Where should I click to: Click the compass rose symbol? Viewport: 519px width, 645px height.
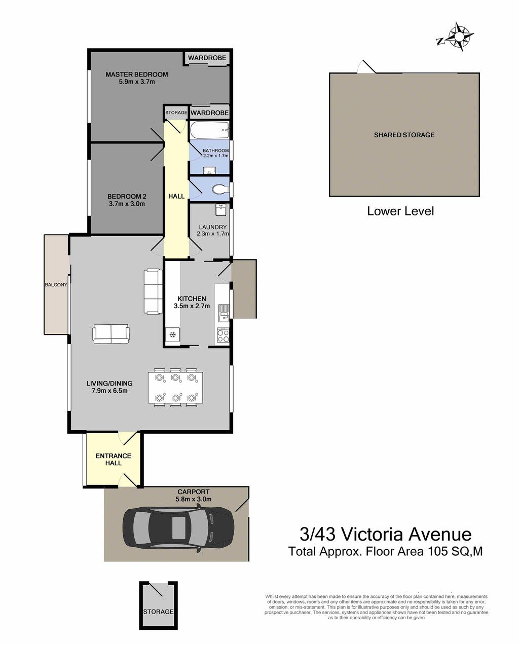[458, 36]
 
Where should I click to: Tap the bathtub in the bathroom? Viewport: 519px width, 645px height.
[209, 130]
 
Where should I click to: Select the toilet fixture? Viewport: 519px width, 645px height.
[221, 189]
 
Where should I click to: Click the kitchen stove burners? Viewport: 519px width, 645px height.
[223, 336]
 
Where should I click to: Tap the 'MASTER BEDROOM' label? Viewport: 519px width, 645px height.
[137, 74]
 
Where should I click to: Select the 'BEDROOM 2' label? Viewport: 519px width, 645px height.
[127, 196]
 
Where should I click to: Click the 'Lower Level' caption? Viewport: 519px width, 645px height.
[400, 211]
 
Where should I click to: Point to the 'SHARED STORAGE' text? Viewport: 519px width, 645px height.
[404, 135]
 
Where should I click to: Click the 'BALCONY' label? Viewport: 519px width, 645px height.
[56, 285]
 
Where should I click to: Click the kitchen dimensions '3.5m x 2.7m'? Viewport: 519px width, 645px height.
[192, 306]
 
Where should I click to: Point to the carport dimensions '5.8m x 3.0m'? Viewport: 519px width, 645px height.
[194, 499]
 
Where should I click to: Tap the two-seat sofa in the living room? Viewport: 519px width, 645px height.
[111, 333]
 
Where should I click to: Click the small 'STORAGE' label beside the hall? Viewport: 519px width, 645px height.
[176, 112]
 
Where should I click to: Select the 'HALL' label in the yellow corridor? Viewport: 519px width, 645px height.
[176, 196]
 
